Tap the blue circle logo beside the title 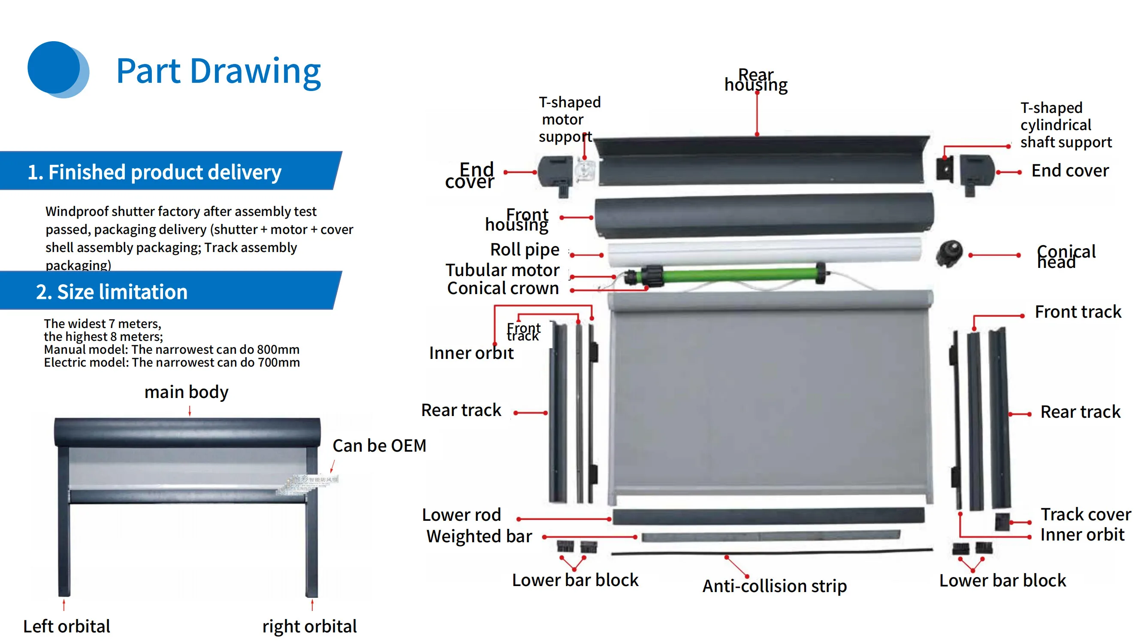coord(57,69)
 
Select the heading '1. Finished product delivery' coord(154,172)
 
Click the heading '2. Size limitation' coord(112,292)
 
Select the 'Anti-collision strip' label coord(774,586)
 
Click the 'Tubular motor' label coord(502,270)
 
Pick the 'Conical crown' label coord(502,289)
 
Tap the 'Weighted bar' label coord(479,536)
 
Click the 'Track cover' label coord(1085,514)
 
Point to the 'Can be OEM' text coord(379,446)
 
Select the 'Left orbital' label coord(66,626)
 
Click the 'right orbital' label coord(309,626)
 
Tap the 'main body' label coord(186,392)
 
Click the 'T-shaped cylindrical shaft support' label coord(1066,125)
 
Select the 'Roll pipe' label coord(525,250)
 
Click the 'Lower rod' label coord(462,515)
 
